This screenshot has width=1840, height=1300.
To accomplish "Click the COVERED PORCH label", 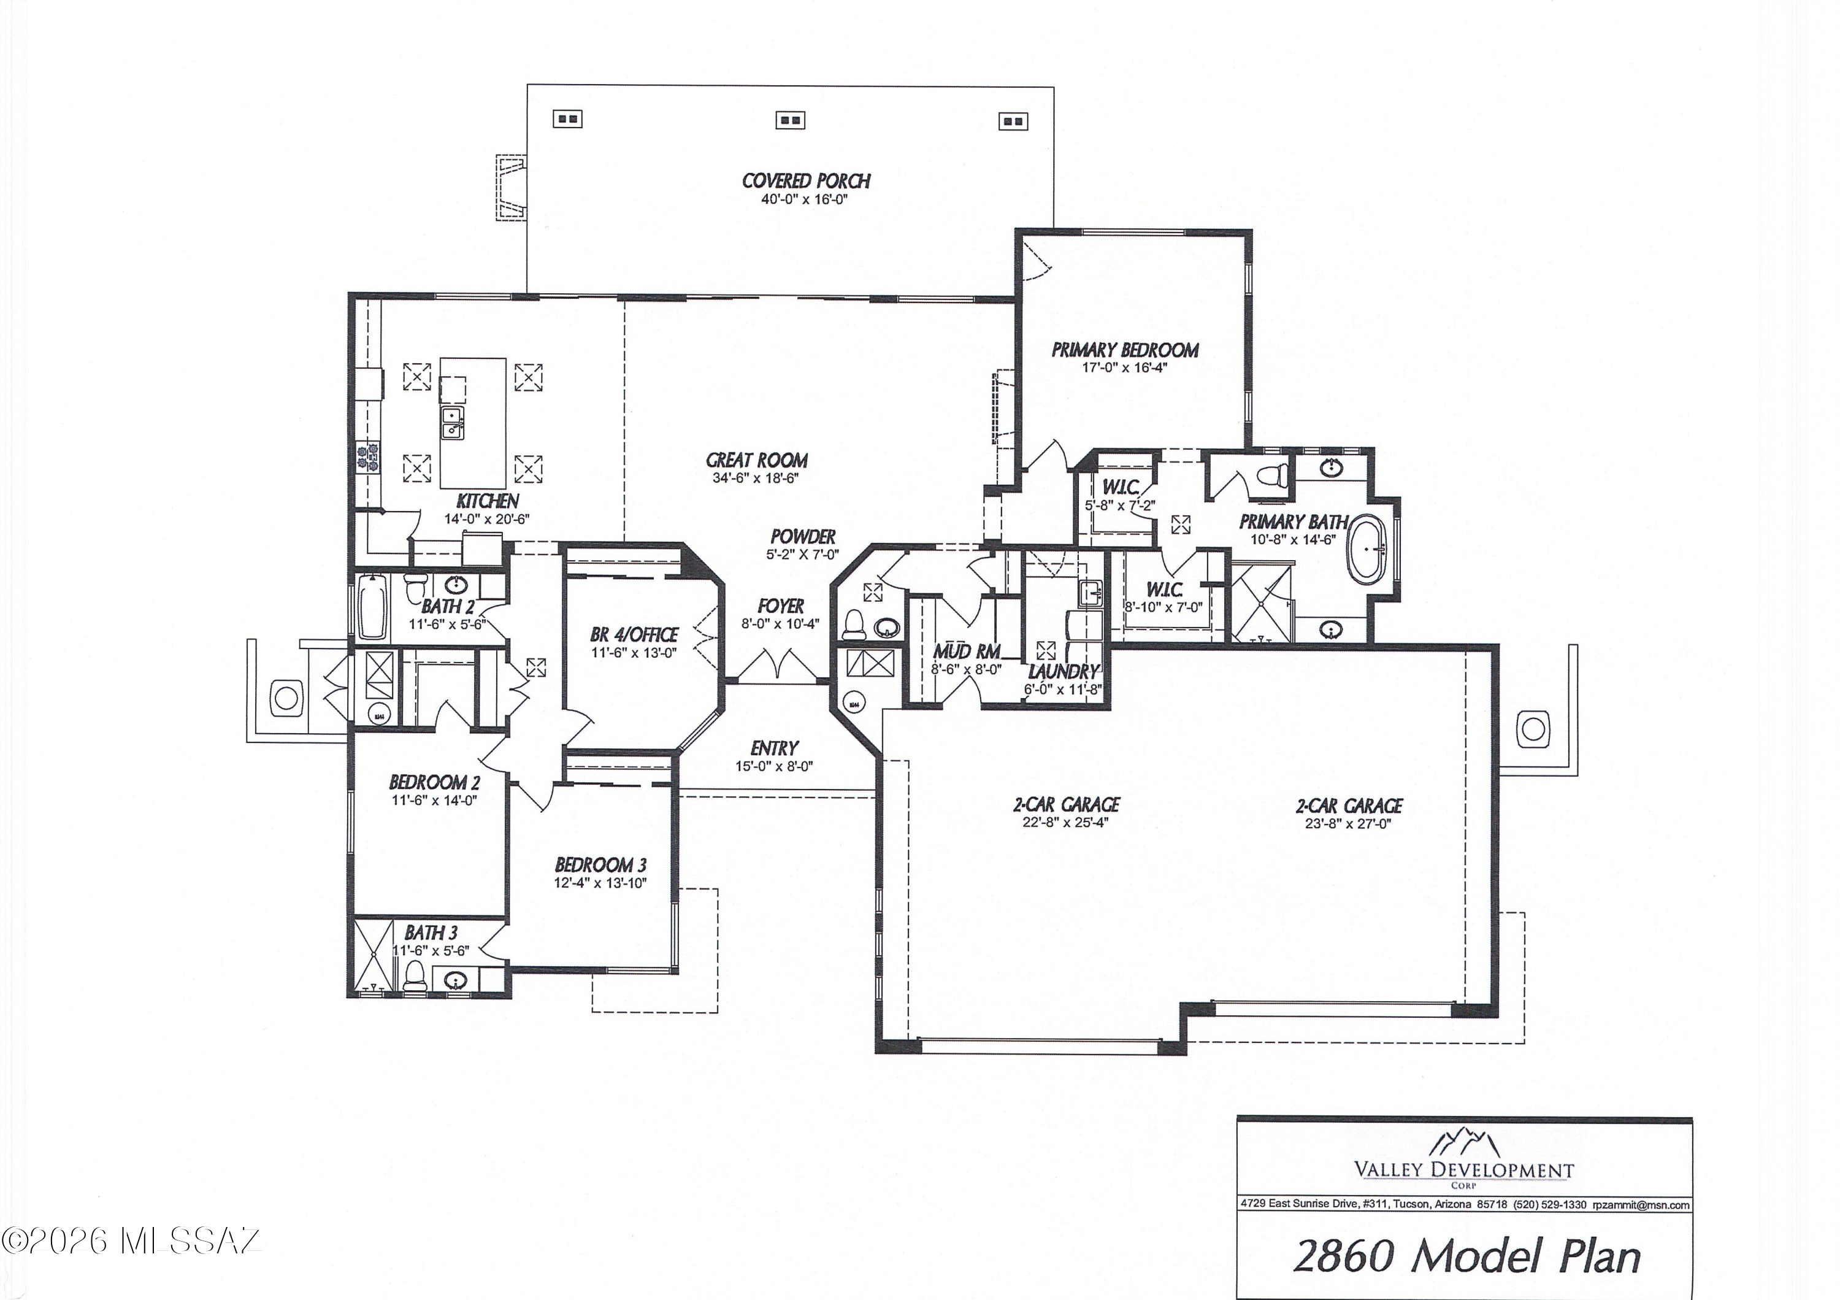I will (x=805, y=181).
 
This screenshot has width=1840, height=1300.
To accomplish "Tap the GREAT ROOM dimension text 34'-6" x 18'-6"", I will (x=756, y=479).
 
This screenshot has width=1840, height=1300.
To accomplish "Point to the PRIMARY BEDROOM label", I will (x=1124, y=350).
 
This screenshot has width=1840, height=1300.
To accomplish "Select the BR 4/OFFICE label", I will (x=634, y=635).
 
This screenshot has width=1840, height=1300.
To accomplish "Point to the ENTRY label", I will (x=774, y=748).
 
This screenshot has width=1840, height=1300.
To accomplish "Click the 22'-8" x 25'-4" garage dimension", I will (x=1065, y=822).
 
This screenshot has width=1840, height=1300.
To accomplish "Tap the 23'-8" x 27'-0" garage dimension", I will (x=1348, y=823).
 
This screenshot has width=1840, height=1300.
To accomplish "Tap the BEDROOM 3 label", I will (x=600, y=865).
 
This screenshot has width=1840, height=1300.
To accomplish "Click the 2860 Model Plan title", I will (x=1466, y=1256).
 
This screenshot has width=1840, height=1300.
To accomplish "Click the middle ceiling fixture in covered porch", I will (x=790, y=120).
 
